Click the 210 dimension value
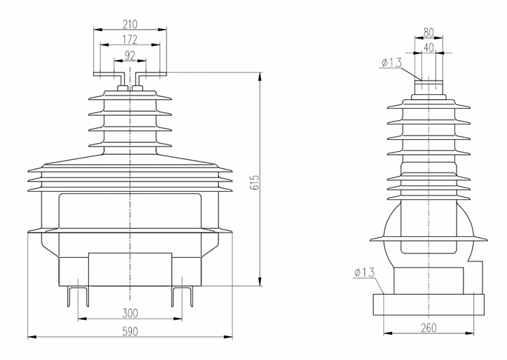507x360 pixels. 130,22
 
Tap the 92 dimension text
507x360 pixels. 130,55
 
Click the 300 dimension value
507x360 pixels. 130,313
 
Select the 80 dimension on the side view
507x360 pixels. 429,33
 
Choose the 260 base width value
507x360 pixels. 428,327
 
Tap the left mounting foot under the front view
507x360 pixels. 78,294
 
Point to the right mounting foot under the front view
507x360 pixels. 182,294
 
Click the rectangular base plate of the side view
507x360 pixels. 428,305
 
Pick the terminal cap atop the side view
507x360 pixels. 429,84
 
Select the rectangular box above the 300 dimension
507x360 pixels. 130,266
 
